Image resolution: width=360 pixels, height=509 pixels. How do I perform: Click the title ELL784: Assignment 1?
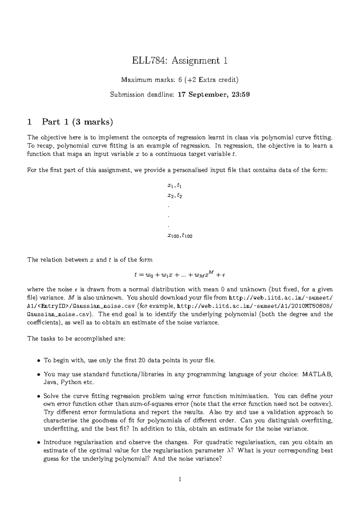pyautogui.click(x=180, y=61)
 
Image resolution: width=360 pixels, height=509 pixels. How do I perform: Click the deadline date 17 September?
pyautogui.click(x=201, y=95)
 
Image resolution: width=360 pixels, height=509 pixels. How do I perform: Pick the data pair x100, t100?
pyautogui.click(x=180, y=236)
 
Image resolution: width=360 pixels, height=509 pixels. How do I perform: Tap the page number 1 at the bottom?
pyautogui.click(x=180, y=479)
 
